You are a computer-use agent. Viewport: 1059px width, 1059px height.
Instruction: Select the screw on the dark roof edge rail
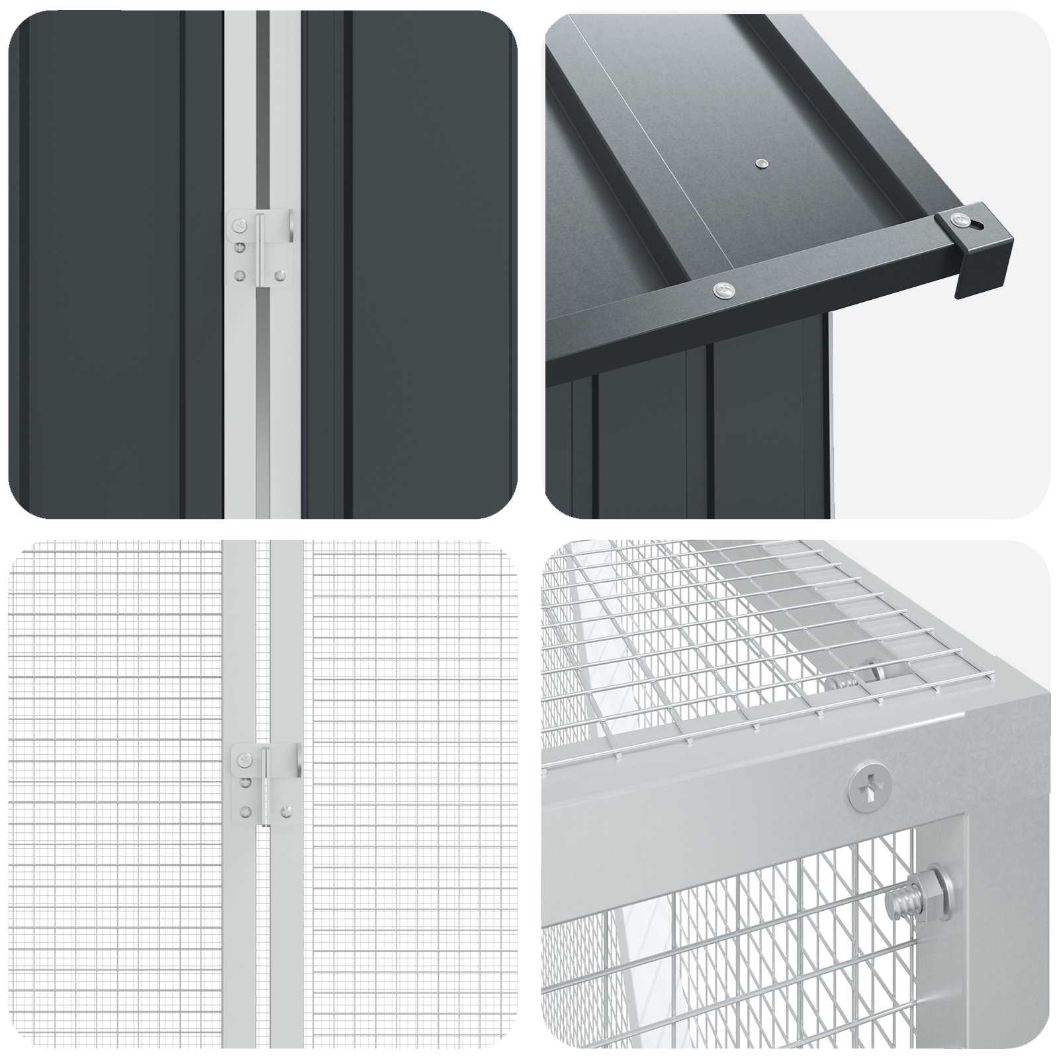(723, 289)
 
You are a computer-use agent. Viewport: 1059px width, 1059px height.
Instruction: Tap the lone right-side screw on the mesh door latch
(287, 810)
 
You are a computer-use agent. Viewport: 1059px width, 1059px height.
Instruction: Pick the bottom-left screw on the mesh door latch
(246, 810)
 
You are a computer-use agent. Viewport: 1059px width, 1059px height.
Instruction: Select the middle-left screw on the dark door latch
(240, 249)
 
